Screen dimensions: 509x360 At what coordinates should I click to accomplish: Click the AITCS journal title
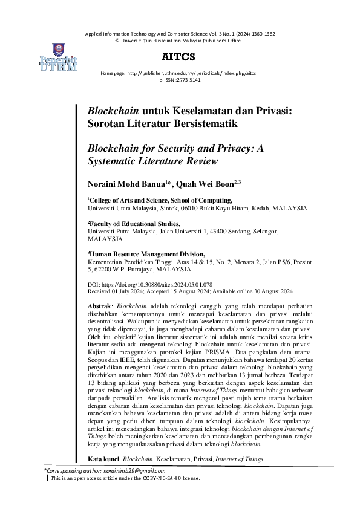tap(178, 57)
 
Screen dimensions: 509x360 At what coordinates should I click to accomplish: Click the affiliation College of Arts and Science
tap(133, 199)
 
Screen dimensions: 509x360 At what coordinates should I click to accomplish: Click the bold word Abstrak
tap(99, 307)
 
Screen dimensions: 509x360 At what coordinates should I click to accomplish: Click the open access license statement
tap(125, 478)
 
